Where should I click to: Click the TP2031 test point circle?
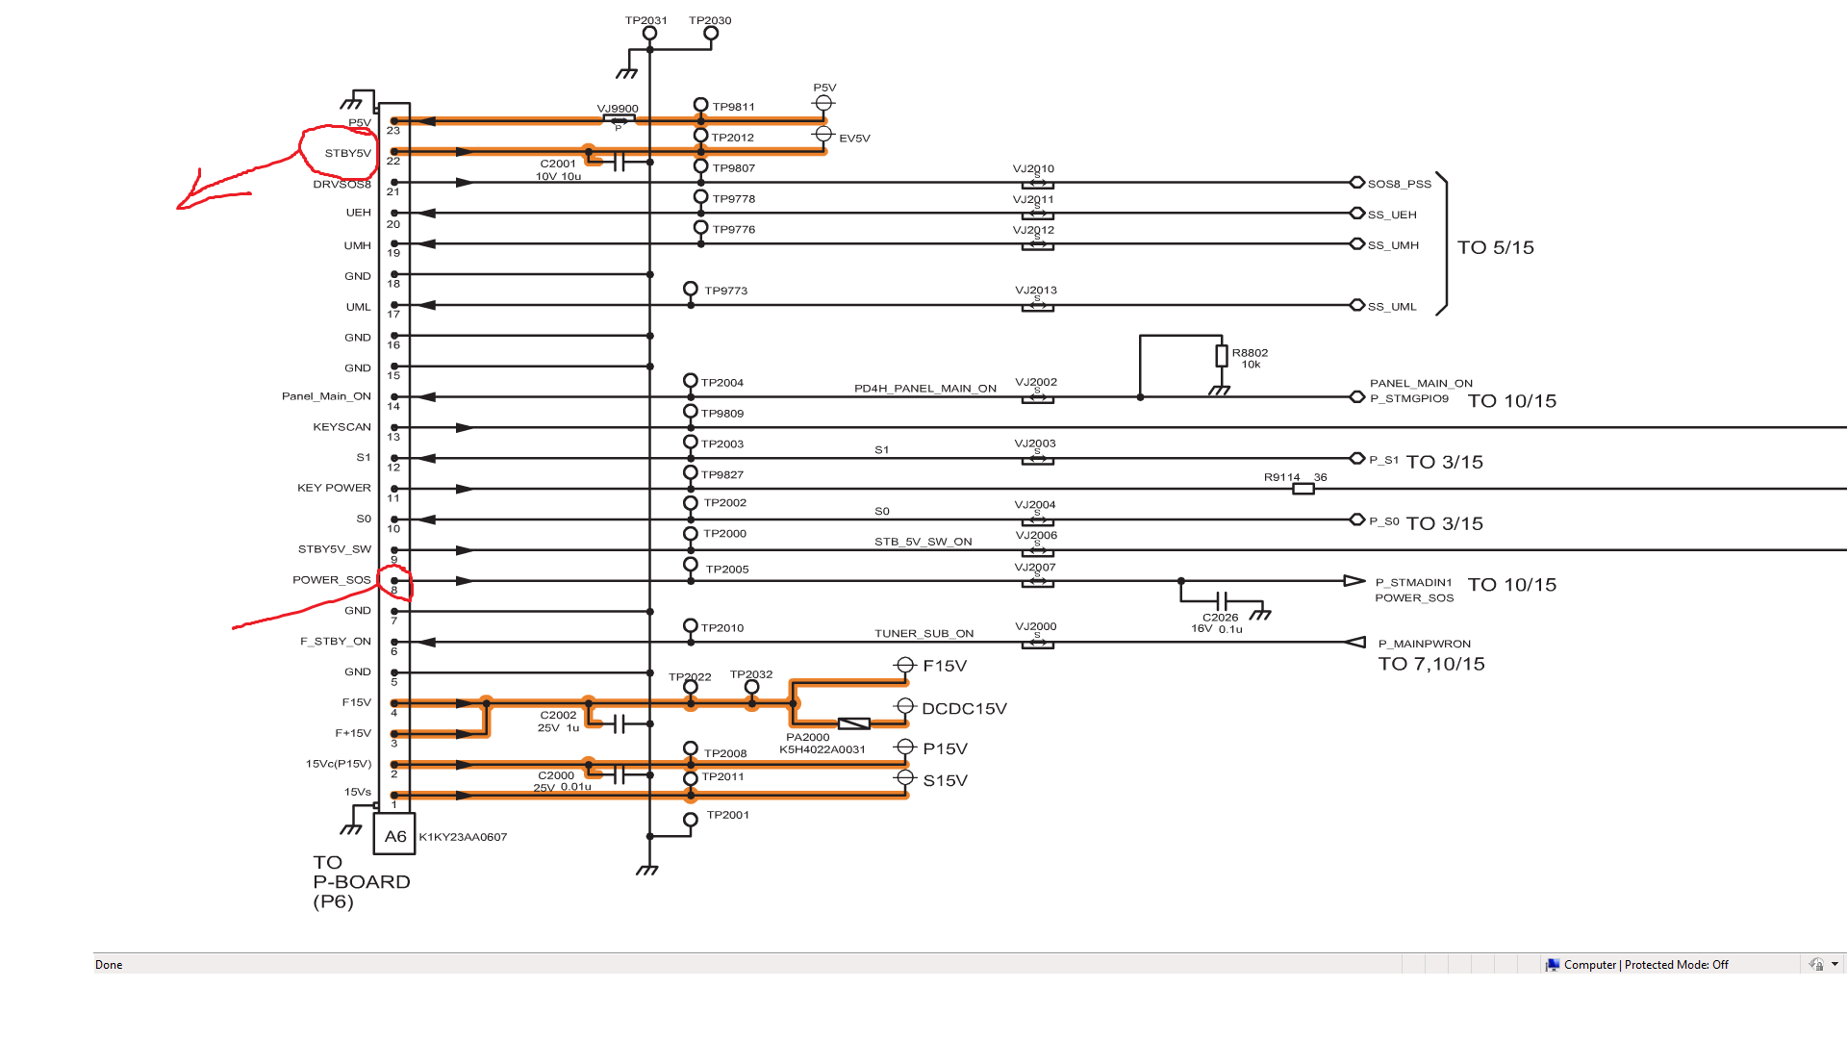(650, 34)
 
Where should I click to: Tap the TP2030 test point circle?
(711, 34)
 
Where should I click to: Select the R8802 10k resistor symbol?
(1222, 356)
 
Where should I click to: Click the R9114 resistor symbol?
(1303, 489)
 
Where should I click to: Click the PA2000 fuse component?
(854, 723)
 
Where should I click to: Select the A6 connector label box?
(394, 835)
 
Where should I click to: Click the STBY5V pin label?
(347, 153)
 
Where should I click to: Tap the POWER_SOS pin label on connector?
(332, 580)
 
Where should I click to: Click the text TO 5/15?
(1496, 247)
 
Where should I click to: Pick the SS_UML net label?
(1392, 307)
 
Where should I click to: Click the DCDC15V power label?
(964, 709)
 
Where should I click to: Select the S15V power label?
(946, 780)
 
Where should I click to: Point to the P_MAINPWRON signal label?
(1425, 644)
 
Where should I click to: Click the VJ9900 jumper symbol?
(619, 120)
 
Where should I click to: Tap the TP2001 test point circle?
(691, 820)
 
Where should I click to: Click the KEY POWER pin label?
(334, 488)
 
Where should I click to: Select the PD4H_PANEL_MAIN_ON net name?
(925, 389)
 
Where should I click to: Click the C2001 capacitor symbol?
(619, 162)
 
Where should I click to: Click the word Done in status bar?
(109, 965)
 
